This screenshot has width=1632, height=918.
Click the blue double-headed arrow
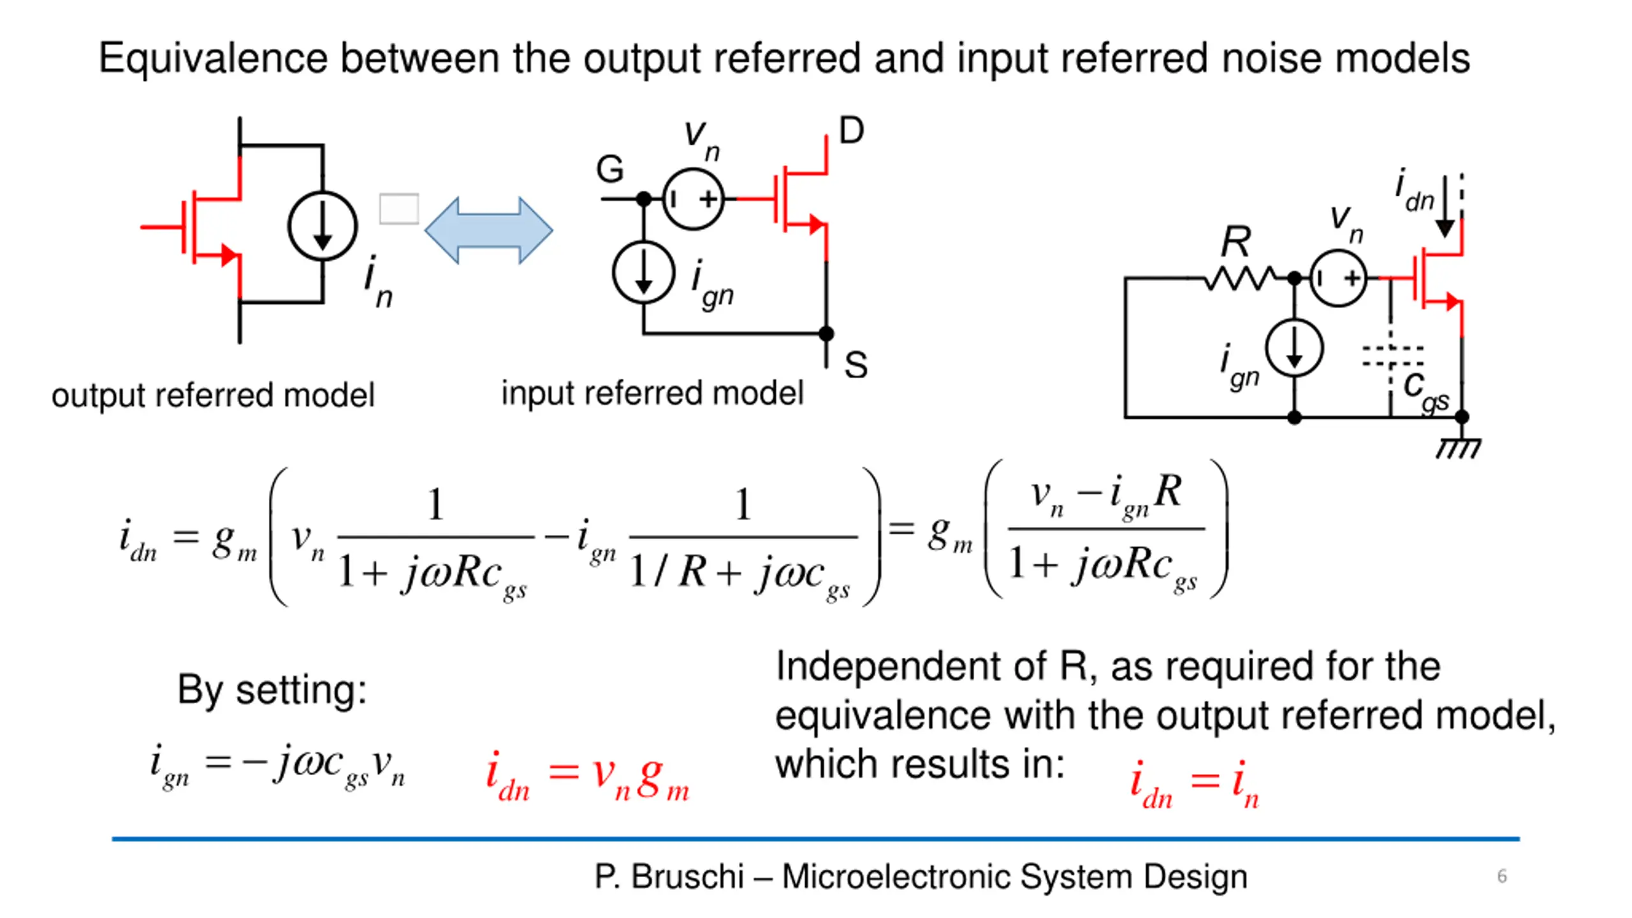pos(488,230)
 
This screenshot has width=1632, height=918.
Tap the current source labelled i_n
pos(323,226)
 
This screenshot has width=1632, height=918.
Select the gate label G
pos(609,170)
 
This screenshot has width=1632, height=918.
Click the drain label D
pos(852,130)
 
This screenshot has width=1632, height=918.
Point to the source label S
pos(856,365)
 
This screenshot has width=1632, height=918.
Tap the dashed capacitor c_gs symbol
pos(1392,356)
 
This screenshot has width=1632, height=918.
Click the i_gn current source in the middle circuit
pos(644,273)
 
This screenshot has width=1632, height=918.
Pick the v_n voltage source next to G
pos(694,199)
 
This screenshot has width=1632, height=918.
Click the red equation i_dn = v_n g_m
pos(587,775)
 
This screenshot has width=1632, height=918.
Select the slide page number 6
pos(1502,876)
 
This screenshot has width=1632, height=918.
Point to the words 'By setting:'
pos(272,690)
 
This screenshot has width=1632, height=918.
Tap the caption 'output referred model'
pos(213,395)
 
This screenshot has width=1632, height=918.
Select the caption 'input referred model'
pos(652,393)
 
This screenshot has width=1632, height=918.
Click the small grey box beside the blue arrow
pos(399,208)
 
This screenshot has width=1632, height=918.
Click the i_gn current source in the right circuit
pos(1294,348)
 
